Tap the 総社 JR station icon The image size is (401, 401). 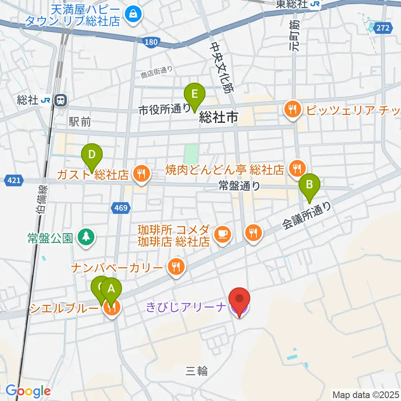tap(61, 100)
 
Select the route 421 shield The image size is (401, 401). tap(13, 180)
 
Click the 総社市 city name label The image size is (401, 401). tap(218, 117)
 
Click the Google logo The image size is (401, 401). tap(28, 391)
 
